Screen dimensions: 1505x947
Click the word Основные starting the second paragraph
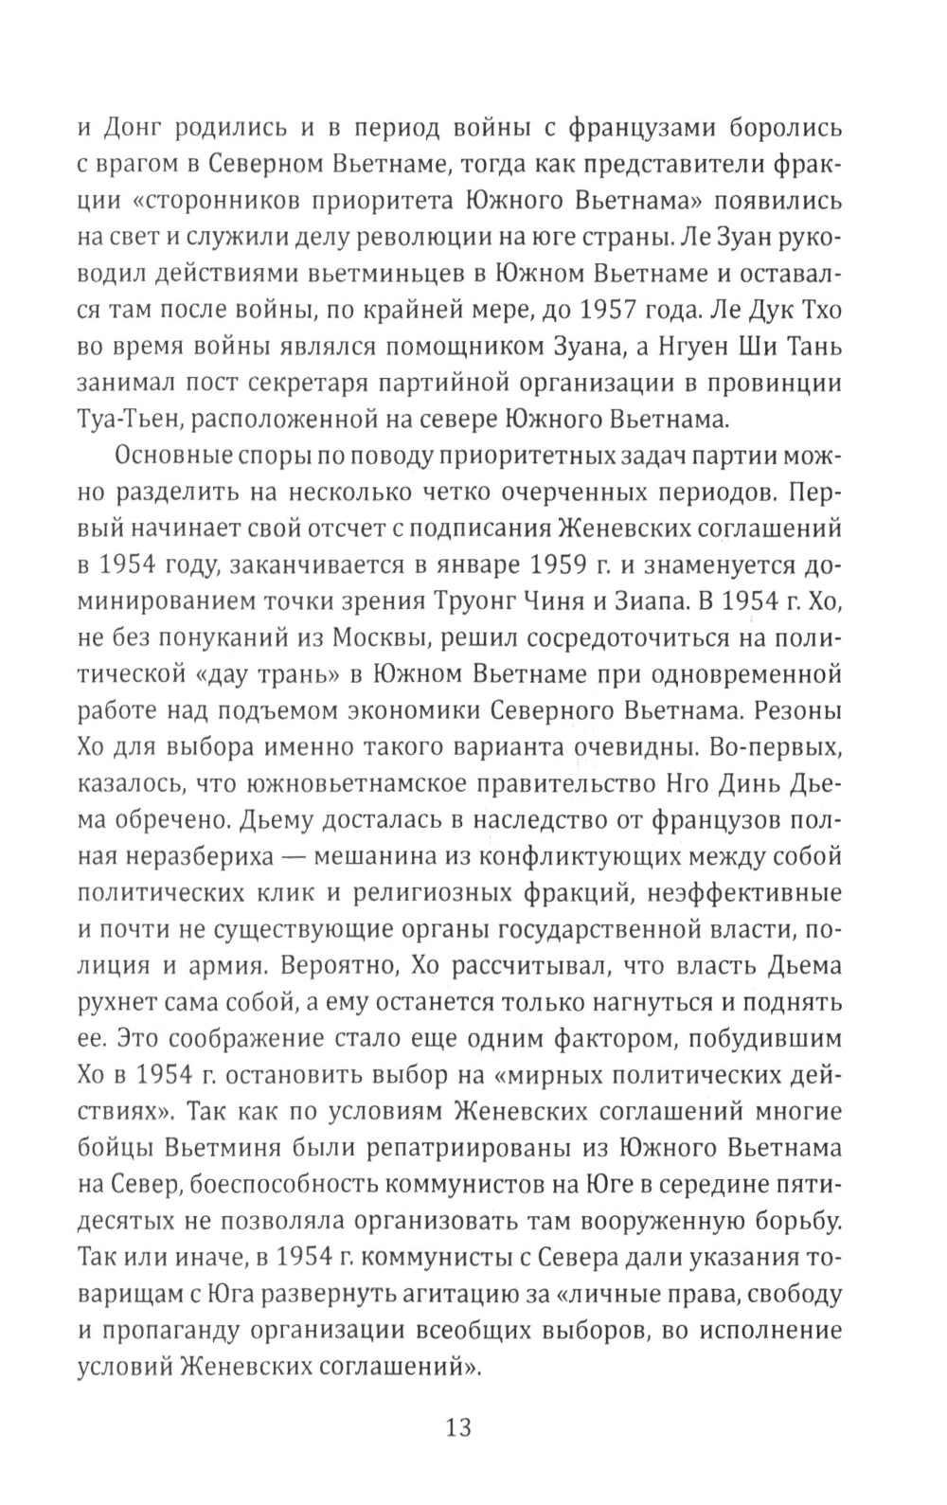tap(170, 456)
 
